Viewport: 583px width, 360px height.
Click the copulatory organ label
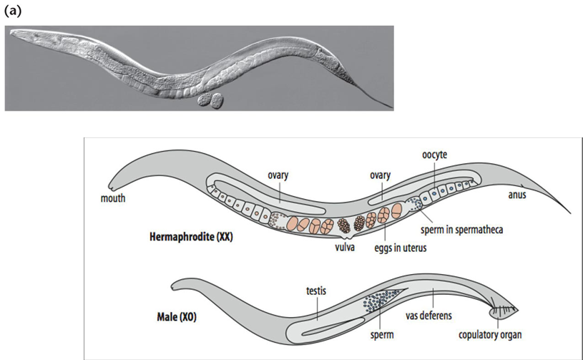(x=491, y=334)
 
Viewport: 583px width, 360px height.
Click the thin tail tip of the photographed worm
(x=390, y=107)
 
